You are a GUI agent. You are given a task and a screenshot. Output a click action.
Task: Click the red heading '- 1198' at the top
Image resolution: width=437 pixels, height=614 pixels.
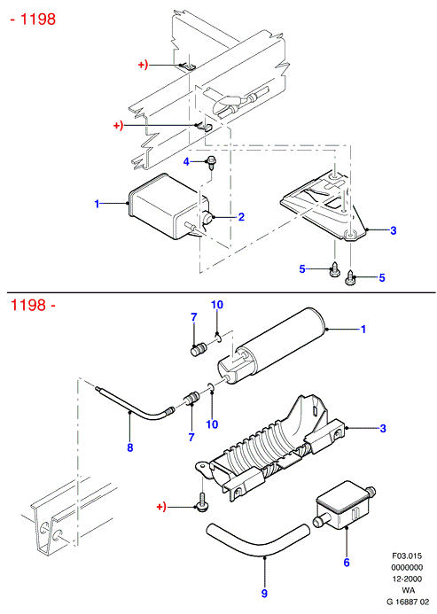(33, 19)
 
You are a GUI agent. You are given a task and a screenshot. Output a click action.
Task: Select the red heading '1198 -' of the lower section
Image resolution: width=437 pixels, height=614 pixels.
(33, 305)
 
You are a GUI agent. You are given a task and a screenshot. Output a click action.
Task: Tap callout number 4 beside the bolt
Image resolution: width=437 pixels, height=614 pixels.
(186, 161)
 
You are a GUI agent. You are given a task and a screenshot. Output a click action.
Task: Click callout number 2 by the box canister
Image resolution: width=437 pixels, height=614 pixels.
(241, 216)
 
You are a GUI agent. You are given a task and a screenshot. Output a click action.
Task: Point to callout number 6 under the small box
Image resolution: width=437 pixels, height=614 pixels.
(347, 563)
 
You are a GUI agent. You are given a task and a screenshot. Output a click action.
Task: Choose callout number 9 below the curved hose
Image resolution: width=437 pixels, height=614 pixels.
(264, 594)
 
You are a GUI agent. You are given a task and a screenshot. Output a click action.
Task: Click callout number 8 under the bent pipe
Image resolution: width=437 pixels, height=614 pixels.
(130, 447)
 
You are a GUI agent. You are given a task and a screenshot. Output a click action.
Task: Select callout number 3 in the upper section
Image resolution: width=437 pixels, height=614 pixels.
(393, 230)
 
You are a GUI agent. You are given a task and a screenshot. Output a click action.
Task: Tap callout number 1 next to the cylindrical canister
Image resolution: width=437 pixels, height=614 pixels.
(363, 329)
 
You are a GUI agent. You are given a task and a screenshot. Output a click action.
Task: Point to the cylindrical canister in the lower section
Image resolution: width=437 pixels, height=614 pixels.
(270, 346)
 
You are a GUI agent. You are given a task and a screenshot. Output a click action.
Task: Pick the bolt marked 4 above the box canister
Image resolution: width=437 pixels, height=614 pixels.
(211, 162)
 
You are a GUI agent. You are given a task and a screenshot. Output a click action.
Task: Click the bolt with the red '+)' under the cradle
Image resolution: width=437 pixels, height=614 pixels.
(202, 502)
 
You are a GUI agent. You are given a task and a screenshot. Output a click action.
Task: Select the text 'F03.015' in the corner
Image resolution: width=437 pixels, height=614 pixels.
(407, 556)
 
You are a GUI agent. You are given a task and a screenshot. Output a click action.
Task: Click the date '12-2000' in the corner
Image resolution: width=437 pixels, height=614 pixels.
(407, 579)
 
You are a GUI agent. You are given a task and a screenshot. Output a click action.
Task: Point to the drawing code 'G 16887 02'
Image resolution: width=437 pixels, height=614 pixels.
(408, 602)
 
